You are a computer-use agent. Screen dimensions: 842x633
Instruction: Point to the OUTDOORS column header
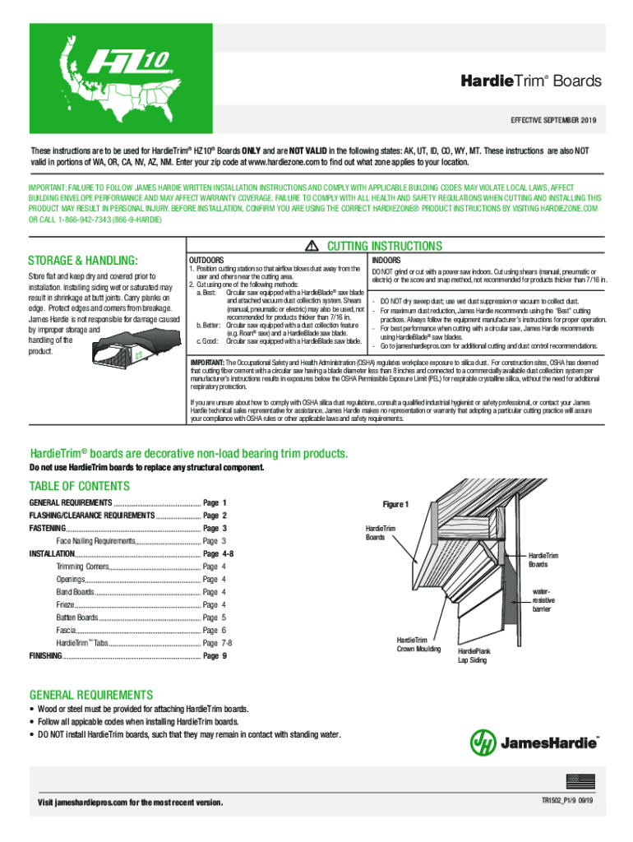tap(207, 259)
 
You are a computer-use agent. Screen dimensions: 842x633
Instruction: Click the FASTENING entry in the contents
tap(48, 527)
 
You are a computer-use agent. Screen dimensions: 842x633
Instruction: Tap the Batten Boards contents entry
tap(77, 617)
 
